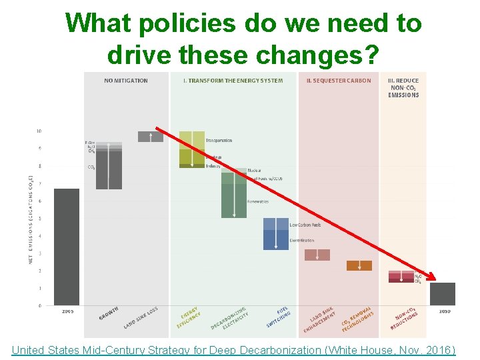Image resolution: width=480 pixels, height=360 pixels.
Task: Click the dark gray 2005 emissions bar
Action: point(67,247)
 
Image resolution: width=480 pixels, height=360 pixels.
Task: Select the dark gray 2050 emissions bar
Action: point(442,294)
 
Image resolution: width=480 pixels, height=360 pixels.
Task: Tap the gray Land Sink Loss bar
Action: point(150,137)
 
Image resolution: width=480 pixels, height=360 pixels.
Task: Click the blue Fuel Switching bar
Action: point(276,234)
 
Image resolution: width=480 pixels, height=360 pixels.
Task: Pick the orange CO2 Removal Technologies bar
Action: point(359,265)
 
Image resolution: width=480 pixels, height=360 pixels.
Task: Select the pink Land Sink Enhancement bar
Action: point(317,255)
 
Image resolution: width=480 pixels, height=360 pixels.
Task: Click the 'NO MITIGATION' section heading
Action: point(126,81)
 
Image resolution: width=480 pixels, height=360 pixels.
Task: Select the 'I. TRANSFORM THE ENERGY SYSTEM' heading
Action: point(233,81)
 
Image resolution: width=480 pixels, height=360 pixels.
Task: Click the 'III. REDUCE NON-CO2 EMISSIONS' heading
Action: point(403,87)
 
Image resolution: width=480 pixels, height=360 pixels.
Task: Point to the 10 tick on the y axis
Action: point(39,131)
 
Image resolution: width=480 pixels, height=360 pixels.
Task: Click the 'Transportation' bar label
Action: point(219,141)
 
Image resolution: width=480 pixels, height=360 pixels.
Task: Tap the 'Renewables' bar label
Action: point(258,201)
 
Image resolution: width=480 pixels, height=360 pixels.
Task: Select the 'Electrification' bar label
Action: point(302,240)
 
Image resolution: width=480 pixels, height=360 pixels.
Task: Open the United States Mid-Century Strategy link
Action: point(233,349)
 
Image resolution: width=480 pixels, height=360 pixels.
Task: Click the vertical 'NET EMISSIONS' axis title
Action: point(31,220)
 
